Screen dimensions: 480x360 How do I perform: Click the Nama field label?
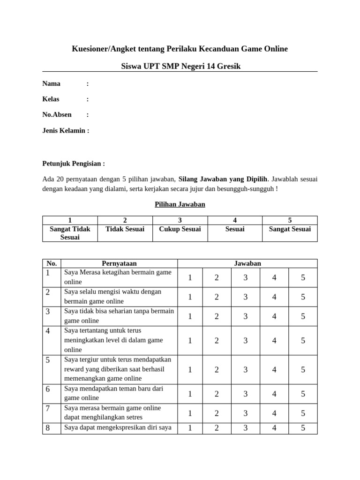52,83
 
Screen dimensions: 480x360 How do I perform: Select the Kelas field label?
51,99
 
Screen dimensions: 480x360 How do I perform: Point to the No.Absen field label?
57,114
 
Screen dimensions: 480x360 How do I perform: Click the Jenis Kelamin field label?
65,130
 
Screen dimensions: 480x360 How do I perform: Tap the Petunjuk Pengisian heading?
74,164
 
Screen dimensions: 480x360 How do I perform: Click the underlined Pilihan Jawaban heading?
180,204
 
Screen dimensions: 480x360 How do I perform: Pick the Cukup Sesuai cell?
180,229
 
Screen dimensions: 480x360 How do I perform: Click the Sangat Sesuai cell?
290,229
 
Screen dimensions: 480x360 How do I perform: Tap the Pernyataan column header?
119,263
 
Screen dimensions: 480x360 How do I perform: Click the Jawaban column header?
247,263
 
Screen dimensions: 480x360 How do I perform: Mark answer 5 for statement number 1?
303,277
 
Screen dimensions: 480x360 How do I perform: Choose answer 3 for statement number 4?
245,340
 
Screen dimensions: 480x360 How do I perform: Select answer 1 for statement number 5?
190,369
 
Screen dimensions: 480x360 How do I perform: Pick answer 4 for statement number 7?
274,413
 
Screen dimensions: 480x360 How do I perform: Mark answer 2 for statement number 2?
217,297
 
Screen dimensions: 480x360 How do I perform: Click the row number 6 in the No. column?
48,389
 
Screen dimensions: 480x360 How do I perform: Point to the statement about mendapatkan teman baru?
113,393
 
